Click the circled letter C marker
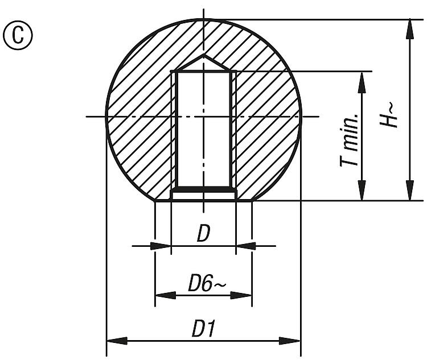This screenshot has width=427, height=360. tap(18, 35)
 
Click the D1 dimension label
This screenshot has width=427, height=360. tap(204, 328)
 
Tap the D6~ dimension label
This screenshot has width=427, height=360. tap(207, 284)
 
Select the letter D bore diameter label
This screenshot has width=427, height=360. tap(204, 234)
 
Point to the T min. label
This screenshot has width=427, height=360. tap(349, 139)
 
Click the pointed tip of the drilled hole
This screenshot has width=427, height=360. tap(203, 55)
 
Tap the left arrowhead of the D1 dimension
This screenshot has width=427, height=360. tap(117, 341)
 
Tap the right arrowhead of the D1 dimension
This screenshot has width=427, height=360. tap(290, 341)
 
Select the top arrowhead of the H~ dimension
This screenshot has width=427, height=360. tap(409, 29)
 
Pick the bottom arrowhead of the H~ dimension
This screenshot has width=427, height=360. tap(409, 191)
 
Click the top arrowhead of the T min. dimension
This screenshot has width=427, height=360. tap(362, 82)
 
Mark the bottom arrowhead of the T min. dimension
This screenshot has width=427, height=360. tap(362, 191)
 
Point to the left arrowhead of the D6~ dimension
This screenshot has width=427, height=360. tap(166, 295)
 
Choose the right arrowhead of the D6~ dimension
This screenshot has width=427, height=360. tap(241, 295)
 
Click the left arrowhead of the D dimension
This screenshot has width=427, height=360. tap(161, 246)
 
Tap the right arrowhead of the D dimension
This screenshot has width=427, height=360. tap(245, 246)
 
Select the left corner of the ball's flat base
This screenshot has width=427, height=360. tap(155, 201)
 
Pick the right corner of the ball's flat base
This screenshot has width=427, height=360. tap(252, 201)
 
